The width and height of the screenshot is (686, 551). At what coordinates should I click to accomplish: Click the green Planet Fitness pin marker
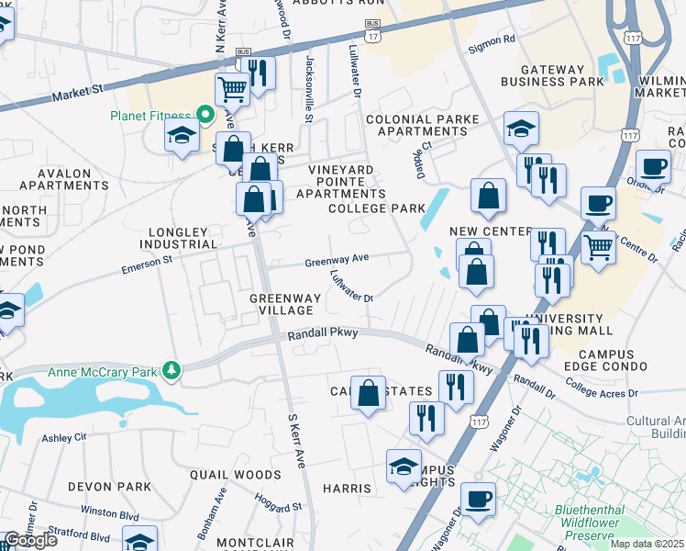[206, 116]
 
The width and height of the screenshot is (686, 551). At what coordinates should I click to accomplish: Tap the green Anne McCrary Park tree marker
[171, 370]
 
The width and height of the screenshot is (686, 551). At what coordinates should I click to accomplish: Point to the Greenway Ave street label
[337, 259]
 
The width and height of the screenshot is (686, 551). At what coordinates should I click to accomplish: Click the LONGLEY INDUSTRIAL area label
[179, 239]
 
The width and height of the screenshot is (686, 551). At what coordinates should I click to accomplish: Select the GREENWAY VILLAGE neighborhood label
[286, 305]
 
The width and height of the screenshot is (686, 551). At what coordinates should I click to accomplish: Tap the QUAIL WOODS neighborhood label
[236, 475]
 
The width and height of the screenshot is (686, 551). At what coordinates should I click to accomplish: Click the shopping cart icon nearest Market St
[232, 89]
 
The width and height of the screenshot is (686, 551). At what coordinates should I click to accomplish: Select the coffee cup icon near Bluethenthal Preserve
[478, 500]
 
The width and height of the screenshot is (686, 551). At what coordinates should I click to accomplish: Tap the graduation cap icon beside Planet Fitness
[183, 136]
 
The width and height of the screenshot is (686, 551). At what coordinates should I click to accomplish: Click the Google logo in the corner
[30, 540]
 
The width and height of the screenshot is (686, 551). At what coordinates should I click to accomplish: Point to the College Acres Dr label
[603, 393]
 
